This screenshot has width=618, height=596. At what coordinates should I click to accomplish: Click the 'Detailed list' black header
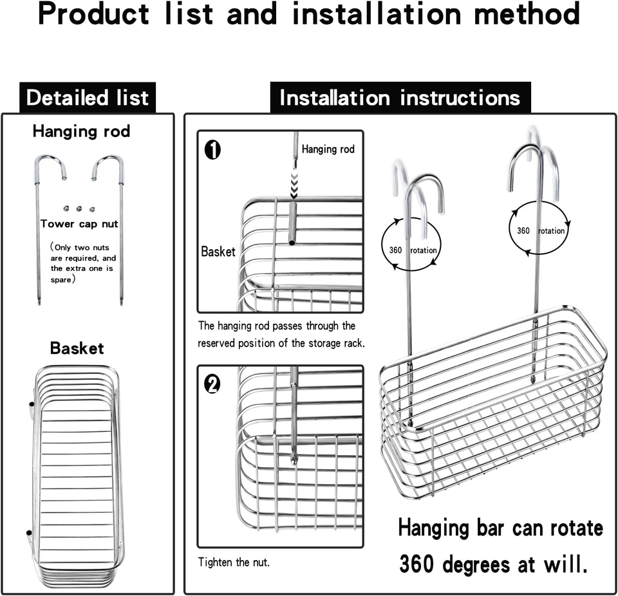point(88,98)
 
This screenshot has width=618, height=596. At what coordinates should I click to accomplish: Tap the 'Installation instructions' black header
point(400,98)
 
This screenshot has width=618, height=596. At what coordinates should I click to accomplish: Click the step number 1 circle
point(212,150)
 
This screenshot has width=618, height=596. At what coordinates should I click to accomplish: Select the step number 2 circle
point(212,384)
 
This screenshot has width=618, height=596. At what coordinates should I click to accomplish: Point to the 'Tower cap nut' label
point(79,224)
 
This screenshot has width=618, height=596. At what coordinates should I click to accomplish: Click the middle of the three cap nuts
point(79,209)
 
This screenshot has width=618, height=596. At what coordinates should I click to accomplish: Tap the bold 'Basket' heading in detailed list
point(77,348)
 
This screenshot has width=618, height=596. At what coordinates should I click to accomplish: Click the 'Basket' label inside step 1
point(218,252)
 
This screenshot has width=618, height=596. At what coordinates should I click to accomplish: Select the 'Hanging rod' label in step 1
point(328,149)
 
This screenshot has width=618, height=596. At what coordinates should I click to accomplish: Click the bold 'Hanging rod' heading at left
point(81,131)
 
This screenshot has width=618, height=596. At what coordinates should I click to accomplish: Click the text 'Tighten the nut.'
point(234,563)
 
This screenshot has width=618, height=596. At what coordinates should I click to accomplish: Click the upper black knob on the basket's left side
point(31,405)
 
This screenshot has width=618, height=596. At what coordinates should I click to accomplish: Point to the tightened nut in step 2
point(294,460)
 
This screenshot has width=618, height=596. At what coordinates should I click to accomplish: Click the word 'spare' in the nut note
point(61,280)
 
